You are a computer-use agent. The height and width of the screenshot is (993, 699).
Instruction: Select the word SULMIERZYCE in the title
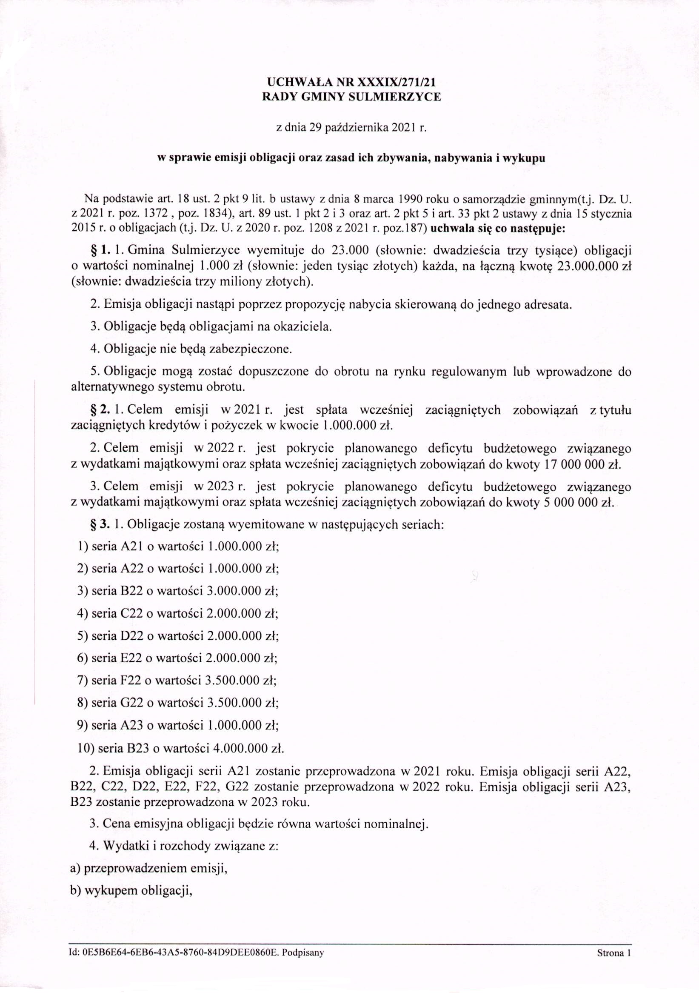(395, 97)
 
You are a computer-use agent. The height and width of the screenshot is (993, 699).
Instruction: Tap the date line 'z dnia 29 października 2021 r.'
(350, 128)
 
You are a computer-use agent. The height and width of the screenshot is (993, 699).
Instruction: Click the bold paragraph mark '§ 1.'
(99, 250)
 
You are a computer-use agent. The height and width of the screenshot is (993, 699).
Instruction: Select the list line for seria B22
(177, 591)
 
